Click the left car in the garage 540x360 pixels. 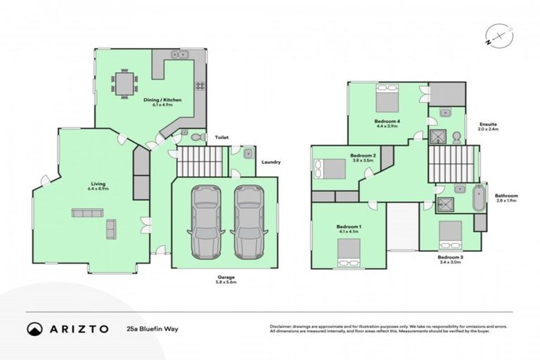pos(205,221)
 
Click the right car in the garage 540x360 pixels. pos(247,221)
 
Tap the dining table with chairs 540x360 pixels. pos(124,85)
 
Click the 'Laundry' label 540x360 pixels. pos(271,162)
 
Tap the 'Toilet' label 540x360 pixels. pos(221,138)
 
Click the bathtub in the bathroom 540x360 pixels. pos(480,197)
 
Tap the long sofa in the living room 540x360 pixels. pos(88,212)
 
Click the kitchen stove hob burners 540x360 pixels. pos(200,86)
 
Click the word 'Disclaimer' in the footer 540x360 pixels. pos(281,326)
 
